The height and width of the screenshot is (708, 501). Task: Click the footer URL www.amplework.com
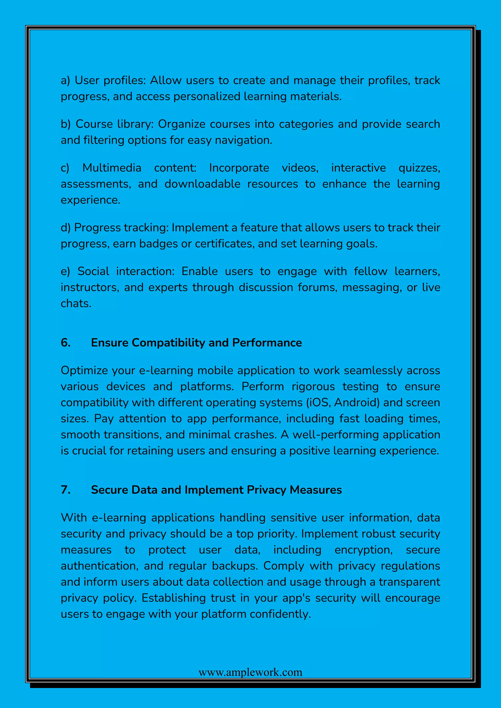point(250,672)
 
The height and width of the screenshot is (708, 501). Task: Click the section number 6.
point(65,343)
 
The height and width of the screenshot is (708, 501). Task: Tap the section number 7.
point(65,490)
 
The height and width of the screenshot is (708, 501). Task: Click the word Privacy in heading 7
point(266,490)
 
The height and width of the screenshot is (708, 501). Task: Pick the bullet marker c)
point(65,168)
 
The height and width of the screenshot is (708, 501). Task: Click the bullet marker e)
point(65,271)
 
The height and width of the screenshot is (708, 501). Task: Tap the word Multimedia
point(112,168)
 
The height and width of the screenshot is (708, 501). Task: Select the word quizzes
point(419,168)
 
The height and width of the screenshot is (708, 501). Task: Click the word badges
point(159,244)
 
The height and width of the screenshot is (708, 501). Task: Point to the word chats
point(76,303)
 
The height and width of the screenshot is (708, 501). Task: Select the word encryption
point(364,550)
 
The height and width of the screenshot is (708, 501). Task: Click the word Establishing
point(173,598)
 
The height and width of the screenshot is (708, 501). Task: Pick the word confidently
point(280,614)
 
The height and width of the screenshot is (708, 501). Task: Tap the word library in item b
point(135,124)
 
